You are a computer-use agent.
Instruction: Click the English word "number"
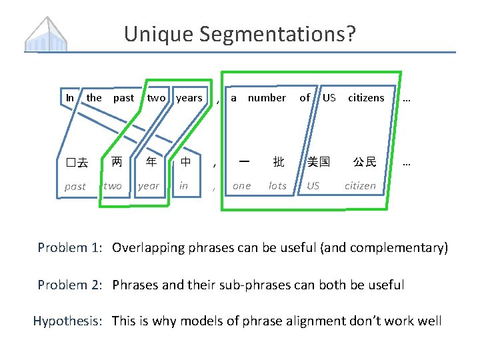(267, 98)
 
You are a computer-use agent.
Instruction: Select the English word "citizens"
(366, 98)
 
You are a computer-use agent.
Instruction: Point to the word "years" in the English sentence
(189, 98)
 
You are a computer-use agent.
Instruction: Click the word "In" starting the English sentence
(70, 98)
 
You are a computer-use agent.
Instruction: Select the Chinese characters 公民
(364, 161)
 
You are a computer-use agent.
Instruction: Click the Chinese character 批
(278, 161)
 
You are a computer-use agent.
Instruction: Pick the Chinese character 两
(117, 161)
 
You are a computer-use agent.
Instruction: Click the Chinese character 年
(151, 161)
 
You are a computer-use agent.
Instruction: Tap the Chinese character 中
(185, 161)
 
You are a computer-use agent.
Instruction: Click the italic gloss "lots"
(277, 186)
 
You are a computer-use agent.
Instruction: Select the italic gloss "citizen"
(360, 186)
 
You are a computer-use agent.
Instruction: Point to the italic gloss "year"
(149, 186)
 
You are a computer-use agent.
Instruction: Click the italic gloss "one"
(241, 186)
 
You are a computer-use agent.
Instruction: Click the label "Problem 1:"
(69, 248)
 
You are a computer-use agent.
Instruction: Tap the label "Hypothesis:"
(67, 321)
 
